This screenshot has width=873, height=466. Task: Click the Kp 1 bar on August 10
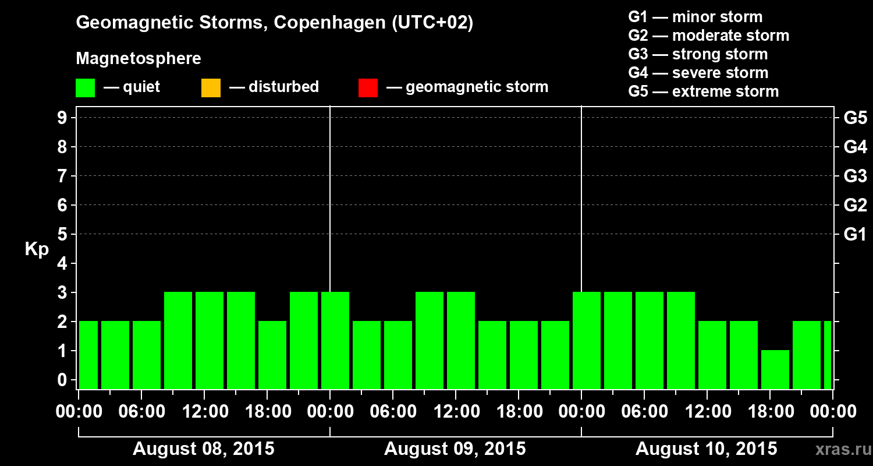click(775, 369)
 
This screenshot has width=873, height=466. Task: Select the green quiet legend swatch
click(85, 88)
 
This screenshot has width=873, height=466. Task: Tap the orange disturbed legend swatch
click(211, 88)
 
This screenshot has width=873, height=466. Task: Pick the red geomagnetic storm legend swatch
click(368, 88)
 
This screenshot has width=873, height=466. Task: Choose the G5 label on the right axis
click(855, 118)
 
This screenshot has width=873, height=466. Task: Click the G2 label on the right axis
click(855, 205)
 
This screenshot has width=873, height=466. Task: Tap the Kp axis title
click(37, 249)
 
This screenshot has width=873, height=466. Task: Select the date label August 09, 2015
click(455, 449)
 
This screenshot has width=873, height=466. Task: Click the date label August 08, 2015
click(204, 449)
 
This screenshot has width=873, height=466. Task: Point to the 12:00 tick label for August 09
click(457, 412)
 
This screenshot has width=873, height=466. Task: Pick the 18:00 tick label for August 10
click(771, 412)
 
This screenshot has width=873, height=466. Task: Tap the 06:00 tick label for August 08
click(143, 412)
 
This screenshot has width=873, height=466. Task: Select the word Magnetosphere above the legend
click(139, 59)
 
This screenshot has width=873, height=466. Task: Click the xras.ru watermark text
click(839, 449)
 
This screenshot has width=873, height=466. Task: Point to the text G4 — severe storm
click(698, 73)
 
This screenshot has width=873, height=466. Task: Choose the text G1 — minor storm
click(695, 17)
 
